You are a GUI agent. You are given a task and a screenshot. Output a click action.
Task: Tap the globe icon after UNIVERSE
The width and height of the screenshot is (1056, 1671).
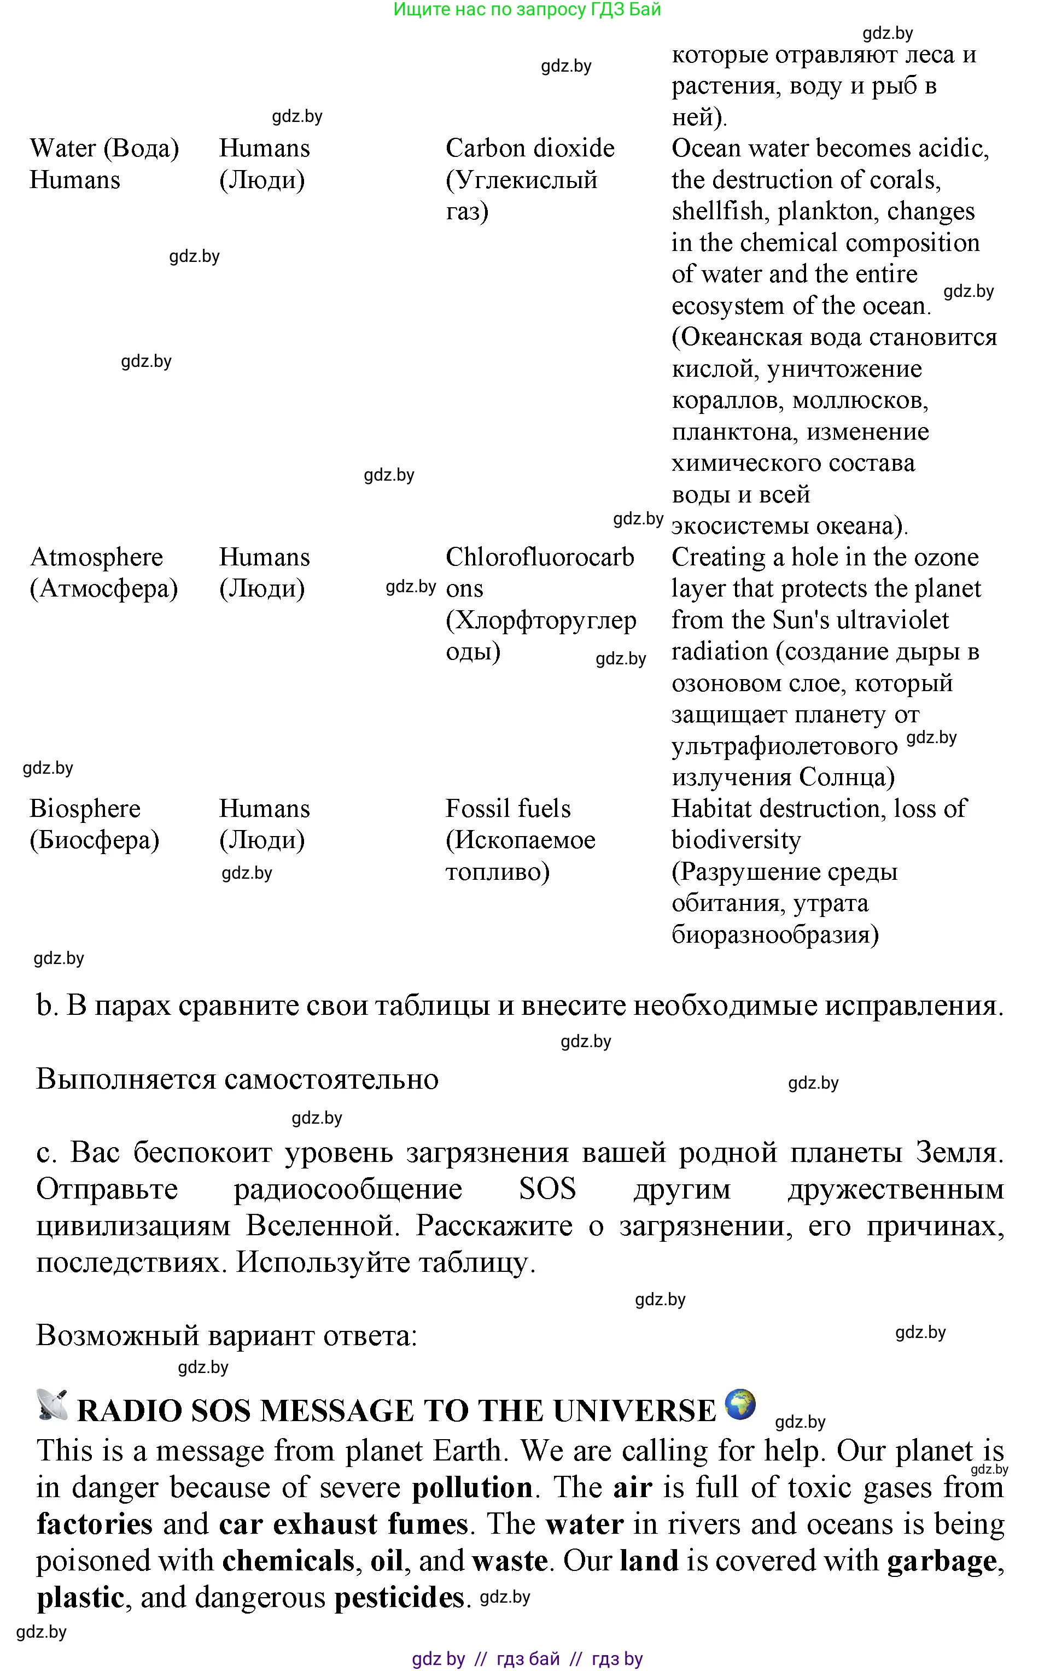tap(739, 1403)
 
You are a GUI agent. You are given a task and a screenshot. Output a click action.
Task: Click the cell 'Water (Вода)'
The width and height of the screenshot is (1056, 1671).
tap(104, 149)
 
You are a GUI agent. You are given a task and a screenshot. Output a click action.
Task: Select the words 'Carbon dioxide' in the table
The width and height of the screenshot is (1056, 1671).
tap(530, 149)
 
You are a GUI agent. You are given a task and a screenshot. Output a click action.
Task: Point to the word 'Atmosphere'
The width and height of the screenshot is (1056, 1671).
tap(96, 557)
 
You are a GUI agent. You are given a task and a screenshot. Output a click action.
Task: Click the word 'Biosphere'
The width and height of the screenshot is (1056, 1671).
tap(85, 809)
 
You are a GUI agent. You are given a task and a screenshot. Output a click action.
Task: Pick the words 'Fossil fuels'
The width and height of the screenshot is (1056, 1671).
tap(508, 809)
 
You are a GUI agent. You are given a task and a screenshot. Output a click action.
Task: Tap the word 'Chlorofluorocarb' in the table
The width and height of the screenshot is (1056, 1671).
tap(540, 557)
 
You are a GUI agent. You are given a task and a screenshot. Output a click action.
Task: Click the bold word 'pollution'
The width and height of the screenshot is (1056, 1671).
tap(472, 1487)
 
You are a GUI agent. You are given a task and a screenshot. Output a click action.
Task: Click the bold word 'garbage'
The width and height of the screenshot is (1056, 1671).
tap(942, 1560)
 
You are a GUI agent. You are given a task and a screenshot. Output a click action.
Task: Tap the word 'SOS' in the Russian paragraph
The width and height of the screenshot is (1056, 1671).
tap(547, 1189)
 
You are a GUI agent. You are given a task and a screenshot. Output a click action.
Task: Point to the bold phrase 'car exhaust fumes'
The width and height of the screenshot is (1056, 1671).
tap(343, 1524)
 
